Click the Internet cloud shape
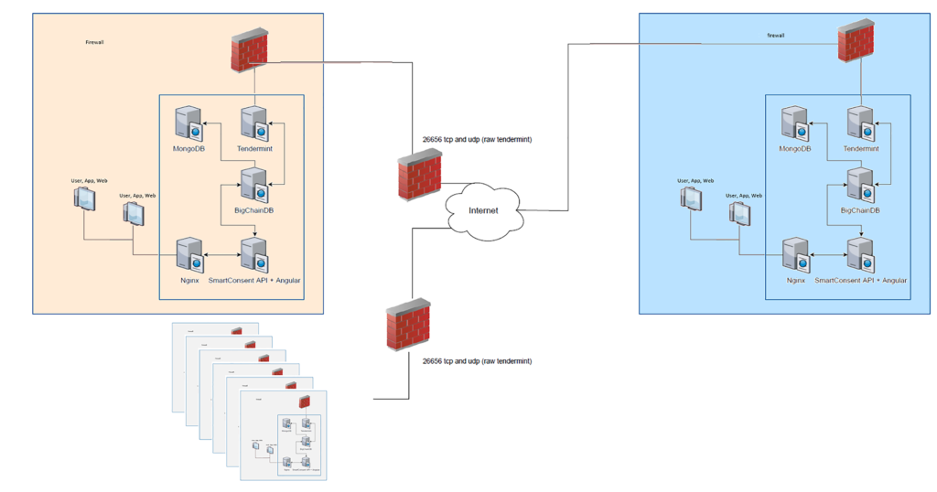(484, 211)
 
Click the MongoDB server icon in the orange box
(188, 124)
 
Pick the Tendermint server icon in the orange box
(253, 124)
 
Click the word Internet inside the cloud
(484, 211)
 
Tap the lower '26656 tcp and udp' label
(477, 361)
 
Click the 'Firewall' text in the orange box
(94, 42)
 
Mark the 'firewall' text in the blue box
(776, 36)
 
